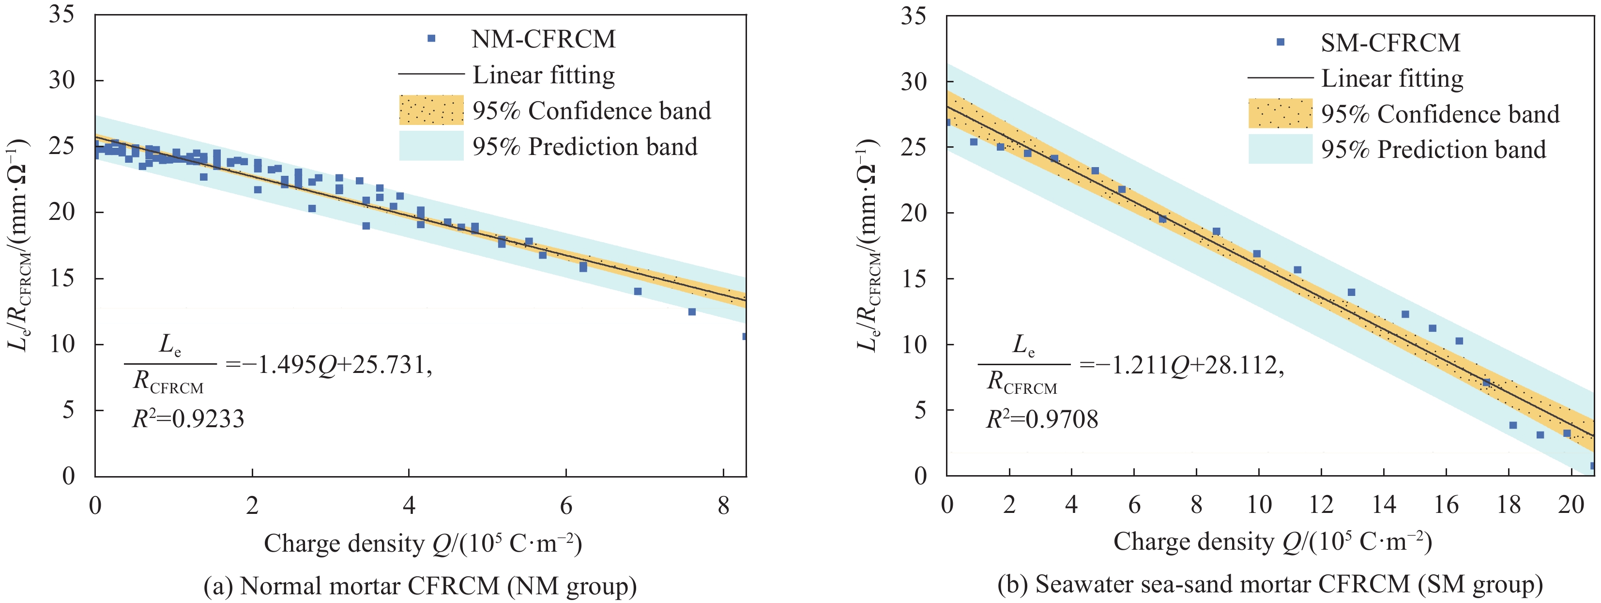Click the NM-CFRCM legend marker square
coord(431,39)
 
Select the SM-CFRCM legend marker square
coord(1280,42)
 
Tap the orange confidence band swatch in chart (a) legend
coord(431,110)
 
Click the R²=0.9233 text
coord(188,419)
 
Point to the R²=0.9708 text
coord(1042,419)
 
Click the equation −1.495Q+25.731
coord(329,365)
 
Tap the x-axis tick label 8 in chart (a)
coord(723,505)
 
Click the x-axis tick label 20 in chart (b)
coord(1571,504)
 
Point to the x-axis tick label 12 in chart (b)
coord(1321,504)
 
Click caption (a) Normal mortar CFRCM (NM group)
coord(420,586)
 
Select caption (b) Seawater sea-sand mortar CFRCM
coord(1270,584)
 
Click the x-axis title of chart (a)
coord(423,543)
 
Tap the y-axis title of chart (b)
coord(868,245)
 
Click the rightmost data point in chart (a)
coord(745,336)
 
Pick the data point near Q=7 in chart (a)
coord(638,292)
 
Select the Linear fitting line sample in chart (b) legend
coord(1280,78)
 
